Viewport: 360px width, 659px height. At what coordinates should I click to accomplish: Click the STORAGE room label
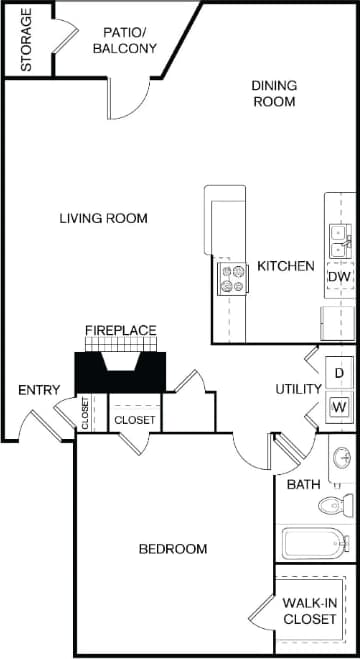click(x=26, y=40)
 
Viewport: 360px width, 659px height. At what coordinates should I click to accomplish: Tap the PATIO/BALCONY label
click(x=124, y=39)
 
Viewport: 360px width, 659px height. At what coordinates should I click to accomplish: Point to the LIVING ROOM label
click(x=103, y=218)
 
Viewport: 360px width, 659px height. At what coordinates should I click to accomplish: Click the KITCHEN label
click(x=286, y=267)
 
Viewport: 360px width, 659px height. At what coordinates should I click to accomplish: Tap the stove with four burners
click(x=233, y=278)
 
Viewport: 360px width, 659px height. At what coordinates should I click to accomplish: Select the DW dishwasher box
click(x=339, y=277)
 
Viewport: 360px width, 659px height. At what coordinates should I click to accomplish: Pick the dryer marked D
click(x=339, y=373)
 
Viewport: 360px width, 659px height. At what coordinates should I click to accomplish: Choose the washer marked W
click(x=339, y=407)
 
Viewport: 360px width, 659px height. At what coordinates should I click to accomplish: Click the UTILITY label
click(x=299, y=389)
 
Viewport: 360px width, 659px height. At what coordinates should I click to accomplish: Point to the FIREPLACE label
click(x=119, y=330)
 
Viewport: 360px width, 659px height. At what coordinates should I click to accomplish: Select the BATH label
click(x=304, y=485)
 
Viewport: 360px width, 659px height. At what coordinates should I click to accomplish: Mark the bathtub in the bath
click(x=314, y=543)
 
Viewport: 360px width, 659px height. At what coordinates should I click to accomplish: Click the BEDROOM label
click(x=173, y=549)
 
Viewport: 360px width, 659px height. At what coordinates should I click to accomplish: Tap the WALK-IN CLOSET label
click(x=309, y=610)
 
